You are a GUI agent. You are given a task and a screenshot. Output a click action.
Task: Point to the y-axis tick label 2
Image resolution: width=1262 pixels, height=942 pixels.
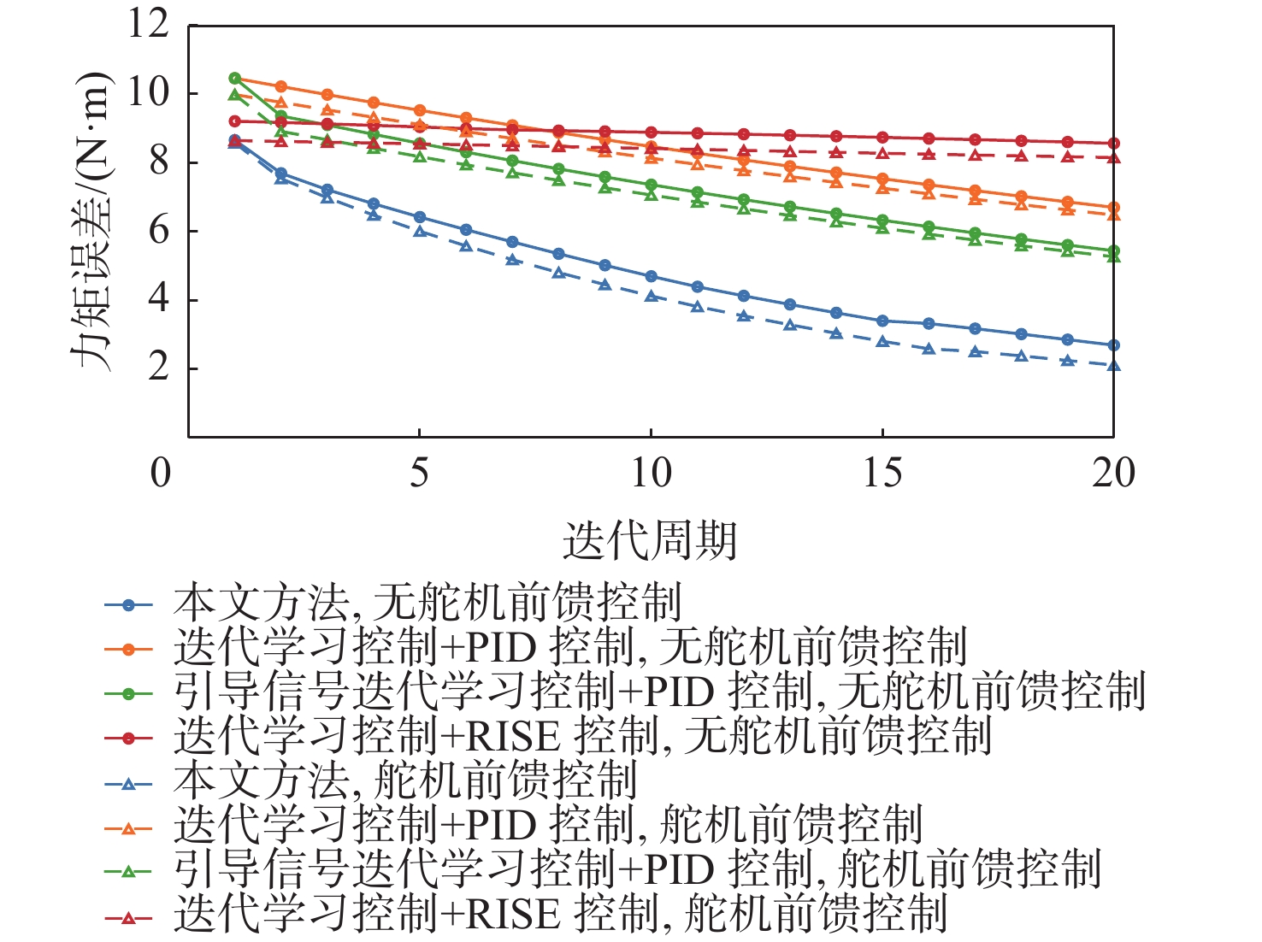click(x=160, y=368)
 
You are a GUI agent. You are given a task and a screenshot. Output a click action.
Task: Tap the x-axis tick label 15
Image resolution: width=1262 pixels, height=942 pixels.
click(x=882, y=473)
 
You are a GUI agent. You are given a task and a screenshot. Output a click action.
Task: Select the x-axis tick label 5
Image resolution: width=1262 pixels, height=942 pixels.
click(x=419, y=473)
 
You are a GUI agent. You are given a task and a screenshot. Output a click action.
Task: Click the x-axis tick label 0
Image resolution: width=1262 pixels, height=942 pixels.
click(x=161, y=473)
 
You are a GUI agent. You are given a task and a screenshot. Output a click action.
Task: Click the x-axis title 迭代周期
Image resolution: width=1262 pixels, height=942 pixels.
click(x=650, y=540)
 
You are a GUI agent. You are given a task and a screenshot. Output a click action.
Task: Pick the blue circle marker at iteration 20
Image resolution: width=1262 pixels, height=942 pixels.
click(x=1113, y=345)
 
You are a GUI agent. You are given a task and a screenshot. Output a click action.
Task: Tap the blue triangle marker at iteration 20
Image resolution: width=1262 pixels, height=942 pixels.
click(x=1113, y=366)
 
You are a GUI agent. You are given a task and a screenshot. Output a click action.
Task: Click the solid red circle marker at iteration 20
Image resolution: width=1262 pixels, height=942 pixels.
click(x=1113, y=144)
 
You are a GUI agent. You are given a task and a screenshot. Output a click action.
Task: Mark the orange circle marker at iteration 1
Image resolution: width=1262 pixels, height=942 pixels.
click(x=235, y=79)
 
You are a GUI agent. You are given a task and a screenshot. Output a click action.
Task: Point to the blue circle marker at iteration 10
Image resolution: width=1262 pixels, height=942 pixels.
click(x=651, y=276)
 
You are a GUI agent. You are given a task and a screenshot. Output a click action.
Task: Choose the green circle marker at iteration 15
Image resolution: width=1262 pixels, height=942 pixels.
click(x=882, y=221)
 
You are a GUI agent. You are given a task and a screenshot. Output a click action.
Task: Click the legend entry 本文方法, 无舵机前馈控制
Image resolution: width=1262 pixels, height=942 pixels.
click(x=428, y=603)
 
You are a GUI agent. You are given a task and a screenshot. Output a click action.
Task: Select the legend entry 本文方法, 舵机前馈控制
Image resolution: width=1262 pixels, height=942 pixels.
click(x=405, y=781)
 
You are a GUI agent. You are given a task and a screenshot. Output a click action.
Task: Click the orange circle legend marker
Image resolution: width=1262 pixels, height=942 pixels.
click(x=128, y=649)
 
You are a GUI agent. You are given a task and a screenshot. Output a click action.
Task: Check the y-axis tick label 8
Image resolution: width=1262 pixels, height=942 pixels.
click(x=160, y=162)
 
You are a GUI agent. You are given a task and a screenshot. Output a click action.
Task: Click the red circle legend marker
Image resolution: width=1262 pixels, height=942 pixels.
click(x=128, y=738)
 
